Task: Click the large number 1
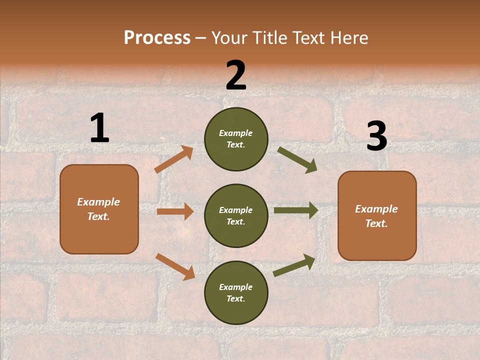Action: pyautogui.click(x=99, y=128)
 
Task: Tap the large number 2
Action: pyautogui.click(x=236, y=75)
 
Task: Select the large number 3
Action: pyautogui.click(x=376, y=136)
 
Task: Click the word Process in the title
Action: pyautogui.click(x=157, y=37)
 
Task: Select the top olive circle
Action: pyautogui.click(x=236, y=139)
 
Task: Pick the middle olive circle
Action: pyautogui.click(x=236, y=215)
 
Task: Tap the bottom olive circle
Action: pyautogui.click(x=236, y=292)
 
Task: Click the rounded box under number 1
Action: pyautogui.click(x=99, y=209)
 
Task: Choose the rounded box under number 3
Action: pyautogui.click(x=377, y=215)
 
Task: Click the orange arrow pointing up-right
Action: pyautogui.click(x=174, y=159)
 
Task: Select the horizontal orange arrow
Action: pyautogui.click(x=175, y=211)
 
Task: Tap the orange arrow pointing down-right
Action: pyautogui.click(x=175, y=266)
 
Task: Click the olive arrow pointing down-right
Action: pyautogui.click(x=297, y=160)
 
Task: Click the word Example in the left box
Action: pyautogui.click(x=98, y=202)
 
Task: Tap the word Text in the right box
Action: pyautogui.click(x=375, y=223)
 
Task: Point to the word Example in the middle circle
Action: pyautogui.click(x=235, y=210)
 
